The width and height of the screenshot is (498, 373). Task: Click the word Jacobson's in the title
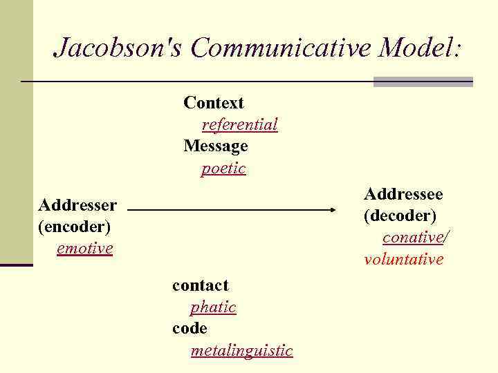tap(119, 48)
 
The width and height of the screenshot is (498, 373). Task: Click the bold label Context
tap(214, 103)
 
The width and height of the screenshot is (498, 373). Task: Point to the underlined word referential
tap(239, 124)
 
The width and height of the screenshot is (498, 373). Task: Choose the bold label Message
tap(215, 146)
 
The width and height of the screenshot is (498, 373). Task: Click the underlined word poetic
tap(223, 169)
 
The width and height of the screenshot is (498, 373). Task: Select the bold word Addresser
tap(77, 204)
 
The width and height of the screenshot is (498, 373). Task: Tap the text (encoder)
tap(75, 226)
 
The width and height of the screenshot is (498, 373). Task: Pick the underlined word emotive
tap(84, 248)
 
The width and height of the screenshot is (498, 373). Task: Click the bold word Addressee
tap(403, 193)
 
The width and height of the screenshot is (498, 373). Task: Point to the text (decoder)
tap(400, 216)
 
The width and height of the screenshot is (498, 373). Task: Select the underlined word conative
tap(413, 238)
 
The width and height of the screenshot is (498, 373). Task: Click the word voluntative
tap(404, 260)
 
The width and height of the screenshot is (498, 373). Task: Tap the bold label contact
tap(200, 285)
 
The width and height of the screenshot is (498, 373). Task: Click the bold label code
tap(190, 329)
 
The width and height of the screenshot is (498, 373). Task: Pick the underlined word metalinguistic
tap(241, 351)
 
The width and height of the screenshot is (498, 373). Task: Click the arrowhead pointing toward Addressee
tap(340, 209)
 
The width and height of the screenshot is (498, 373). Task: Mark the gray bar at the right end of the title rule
tap(423, 82)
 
